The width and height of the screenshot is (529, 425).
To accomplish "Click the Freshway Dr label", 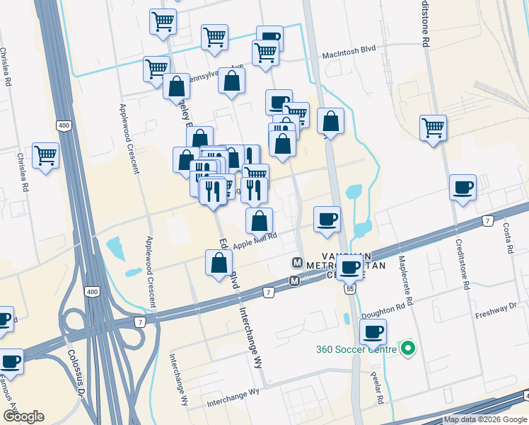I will pyautogui.click(x=496, y=307).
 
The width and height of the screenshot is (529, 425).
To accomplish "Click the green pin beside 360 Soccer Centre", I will pyautogui.click(x=407, y=348).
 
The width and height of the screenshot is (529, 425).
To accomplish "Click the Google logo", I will pyautogui.click(x=23, y=416).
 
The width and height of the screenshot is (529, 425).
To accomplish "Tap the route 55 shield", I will pyautogui.click(x=350, y=289).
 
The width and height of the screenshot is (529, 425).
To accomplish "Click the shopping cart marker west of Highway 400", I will pyautogui.click(x=46, y=155).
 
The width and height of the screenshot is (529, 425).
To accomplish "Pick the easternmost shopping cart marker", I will pyautogui.click(x=433, y=128).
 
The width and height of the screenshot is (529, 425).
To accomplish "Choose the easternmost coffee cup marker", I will pyautogui.click(x=463, y=188).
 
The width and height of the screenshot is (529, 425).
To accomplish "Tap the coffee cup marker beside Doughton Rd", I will pyautogui.click(x=373, y=331).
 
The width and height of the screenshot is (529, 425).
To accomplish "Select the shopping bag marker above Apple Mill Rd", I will pyautogui.click(x=260, y=220).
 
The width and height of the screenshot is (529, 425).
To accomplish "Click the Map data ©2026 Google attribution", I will pyautogui.click(x=484, y=419).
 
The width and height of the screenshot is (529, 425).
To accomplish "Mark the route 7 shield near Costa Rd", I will pyautogui.click(x=488, y=222).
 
